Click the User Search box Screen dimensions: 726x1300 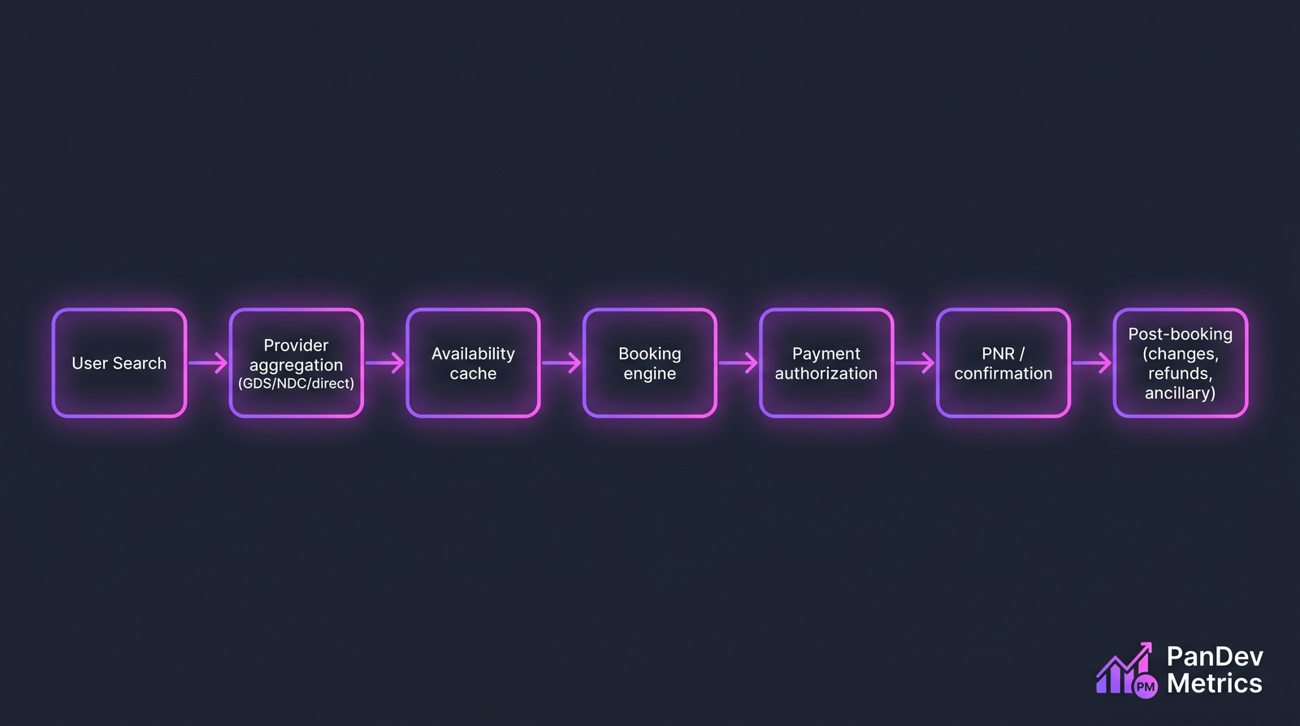click(x=119, y=363)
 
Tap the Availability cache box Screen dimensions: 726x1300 click(x=473, y=363)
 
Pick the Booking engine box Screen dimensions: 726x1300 click(x=649, y=363)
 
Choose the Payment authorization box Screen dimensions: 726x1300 click(x=826, y=363)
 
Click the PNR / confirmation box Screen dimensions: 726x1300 click(x=1003, y=363)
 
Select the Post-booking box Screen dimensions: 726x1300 click(x=1180, y=363)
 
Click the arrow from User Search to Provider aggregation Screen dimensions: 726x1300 click(x=208, y=363)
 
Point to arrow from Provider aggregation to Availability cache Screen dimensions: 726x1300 click(x=384, y=363)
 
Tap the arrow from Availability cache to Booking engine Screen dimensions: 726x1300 click(x=561, y=363)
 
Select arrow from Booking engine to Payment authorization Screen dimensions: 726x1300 click(x=738, y=363)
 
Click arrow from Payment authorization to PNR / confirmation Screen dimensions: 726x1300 click(x=915, y=363)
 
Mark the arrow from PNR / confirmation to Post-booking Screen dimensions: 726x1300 click(x=1091, y=363)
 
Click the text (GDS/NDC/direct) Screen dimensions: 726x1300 click(x=296, y=384)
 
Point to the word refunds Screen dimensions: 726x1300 click(x=1180, y=373)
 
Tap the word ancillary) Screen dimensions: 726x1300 click(x=1180, y=393)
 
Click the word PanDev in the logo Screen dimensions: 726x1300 click(x=1214, y=657)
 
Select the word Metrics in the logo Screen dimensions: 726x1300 click(x=1214, y=684)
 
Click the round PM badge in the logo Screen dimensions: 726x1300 click(x=1146, y=687)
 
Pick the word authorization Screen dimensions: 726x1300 click(x=826, y=374)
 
